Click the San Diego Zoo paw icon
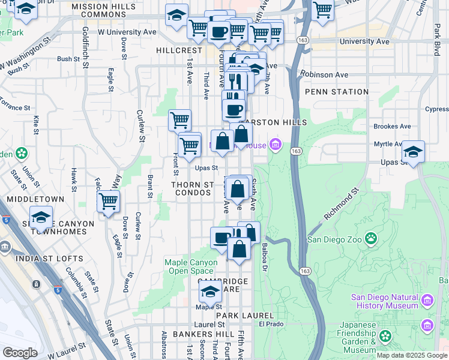pos(372,239)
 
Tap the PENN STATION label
pos(336,92)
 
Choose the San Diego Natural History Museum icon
pos(427,299)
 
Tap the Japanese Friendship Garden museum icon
pos(427,325)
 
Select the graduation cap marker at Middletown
pos(41,217)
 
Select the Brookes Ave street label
pos(391,127)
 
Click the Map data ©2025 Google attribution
pos(412,355)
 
